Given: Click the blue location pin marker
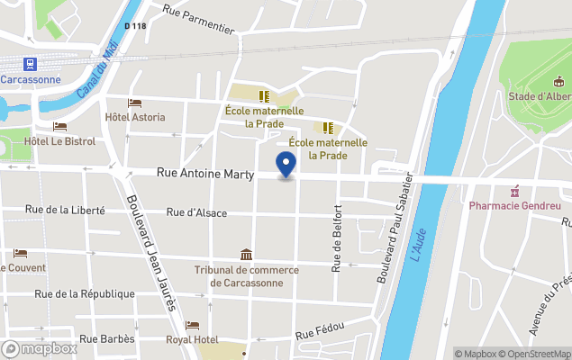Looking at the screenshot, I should tap(286, 165).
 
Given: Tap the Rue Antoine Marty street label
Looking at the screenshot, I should tap(205, 175).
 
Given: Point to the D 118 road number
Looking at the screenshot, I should tap(134, 26).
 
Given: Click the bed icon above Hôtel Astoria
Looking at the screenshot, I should tap(135, 103).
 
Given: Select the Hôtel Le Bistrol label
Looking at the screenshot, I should tap(59, 141).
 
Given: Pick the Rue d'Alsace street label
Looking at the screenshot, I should tap(197, 213).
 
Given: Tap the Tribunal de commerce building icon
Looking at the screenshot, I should tap(246, 256).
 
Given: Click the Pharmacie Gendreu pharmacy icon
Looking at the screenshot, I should tap(515, 191).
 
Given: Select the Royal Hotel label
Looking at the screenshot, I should tap(192, 339).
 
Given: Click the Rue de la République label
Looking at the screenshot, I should tap(85, 293).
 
